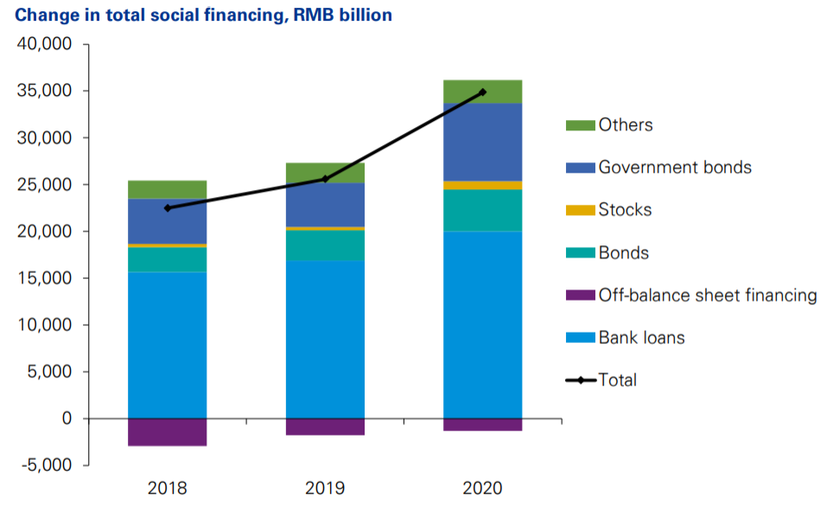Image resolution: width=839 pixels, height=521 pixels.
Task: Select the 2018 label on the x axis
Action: tap(167, 488)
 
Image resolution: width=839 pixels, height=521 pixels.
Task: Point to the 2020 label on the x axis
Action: tap(482, 488)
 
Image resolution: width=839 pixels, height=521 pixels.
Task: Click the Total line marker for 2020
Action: tap(482, 92)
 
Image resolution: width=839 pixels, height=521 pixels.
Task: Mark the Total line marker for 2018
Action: tap(167, 208)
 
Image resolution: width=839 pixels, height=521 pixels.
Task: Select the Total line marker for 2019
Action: tap(325, 179)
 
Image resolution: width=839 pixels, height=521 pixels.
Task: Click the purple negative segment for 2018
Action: tap(167, 432)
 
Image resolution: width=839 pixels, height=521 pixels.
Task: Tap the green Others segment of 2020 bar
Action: tap(482, 92)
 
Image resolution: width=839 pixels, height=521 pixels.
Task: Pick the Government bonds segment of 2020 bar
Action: tap(482, 143)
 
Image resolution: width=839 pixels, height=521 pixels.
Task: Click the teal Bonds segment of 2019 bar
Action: tap(325, 245)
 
